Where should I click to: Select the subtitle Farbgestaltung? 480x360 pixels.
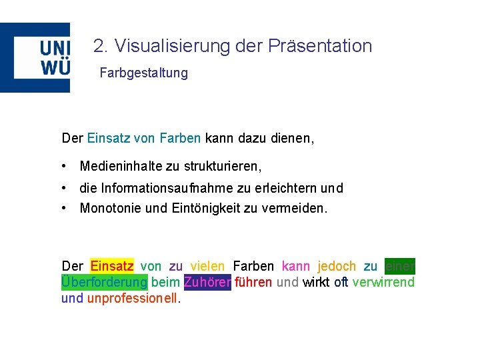point(143,73)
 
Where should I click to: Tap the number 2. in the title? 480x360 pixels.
point(101,46)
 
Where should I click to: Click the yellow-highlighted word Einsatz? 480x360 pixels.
point(112,266)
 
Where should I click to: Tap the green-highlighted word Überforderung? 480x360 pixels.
point(104,282)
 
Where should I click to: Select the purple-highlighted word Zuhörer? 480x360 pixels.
point(207,282)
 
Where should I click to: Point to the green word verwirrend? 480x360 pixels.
point(383,282)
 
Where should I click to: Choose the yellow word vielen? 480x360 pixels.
point(207,266)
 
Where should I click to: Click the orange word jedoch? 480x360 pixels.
point(337,266)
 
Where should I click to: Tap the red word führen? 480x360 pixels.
point(253,282)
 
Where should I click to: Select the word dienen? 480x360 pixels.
point(292,139)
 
